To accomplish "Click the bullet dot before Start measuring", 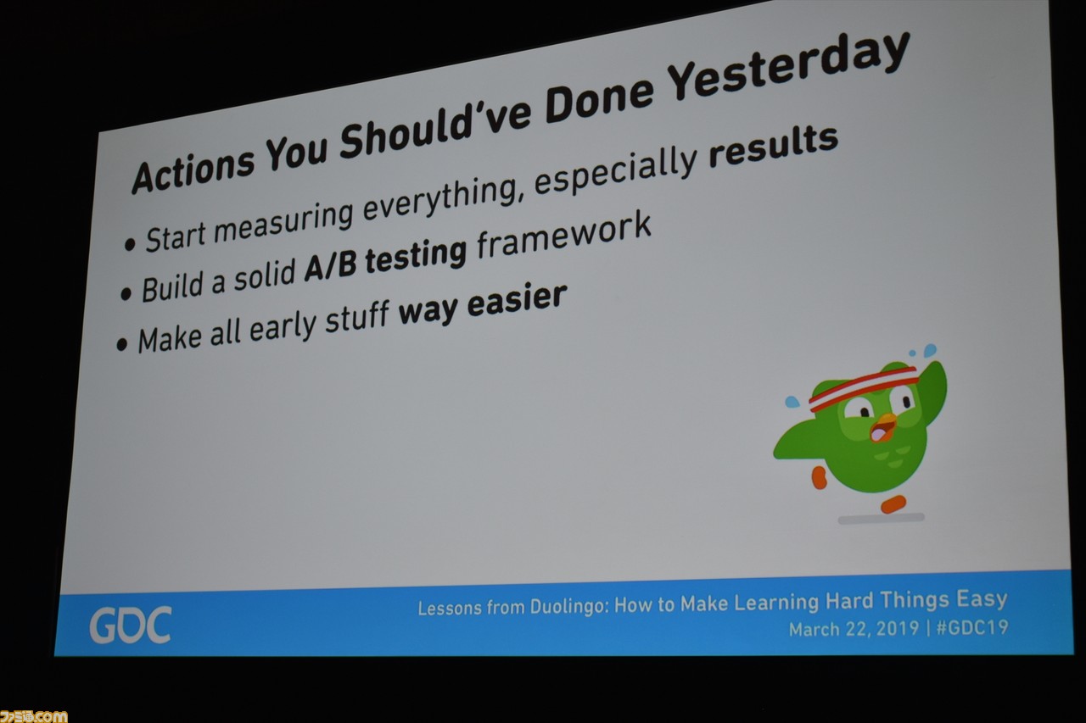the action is [x=130, y=246].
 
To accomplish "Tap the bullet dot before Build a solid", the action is [x=126, y=294].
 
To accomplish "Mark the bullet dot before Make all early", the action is [x=121, y=345].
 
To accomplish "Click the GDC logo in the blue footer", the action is [x=131, y=626].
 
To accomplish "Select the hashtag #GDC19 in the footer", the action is [x=972, y=627].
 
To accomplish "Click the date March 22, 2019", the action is [x=854, y=629].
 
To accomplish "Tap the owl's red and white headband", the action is [x=864, y=387].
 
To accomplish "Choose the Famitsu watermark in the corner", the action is [x=33, y=716].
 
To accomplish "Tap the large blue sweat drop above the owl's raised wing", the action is [x=930, y=350].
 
